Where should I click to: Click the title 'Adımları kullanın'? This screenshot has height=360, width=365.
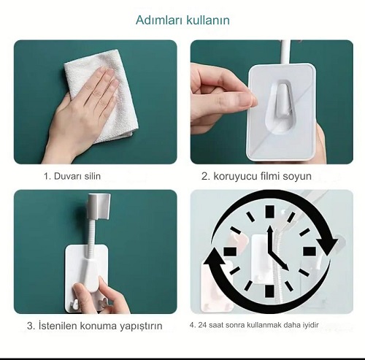tap(182, 20)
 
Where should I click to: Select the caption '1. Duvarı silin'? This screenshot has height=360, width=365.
tap(72, 176)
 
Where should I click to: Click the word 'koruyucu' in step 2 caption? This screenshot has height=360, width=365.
tap(235, 176)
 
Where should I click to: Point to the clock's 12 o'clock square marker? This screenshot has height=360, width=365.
tap(269, 211)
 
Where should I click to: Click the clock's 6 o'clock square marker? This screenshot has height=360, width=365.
tap(269, 291)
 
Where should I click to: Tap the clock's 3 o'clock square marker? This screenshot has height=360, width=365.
tap(310, 251)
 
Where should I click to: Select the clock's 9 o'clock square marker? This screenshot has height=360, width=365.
tap(230, 251)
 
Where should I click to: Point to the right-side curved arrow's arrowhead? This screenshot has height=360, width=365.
tap(327, 246)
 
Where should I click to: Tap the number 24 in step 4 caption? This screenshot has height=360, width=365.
tap(202, 325)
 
